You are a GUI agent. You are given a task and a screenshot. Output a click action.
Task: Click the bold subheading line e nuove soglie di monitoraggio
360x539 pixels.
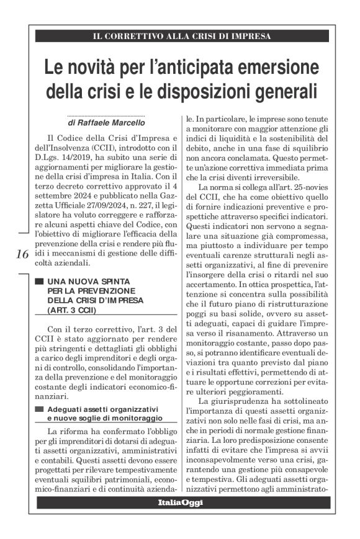[104, 418]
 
